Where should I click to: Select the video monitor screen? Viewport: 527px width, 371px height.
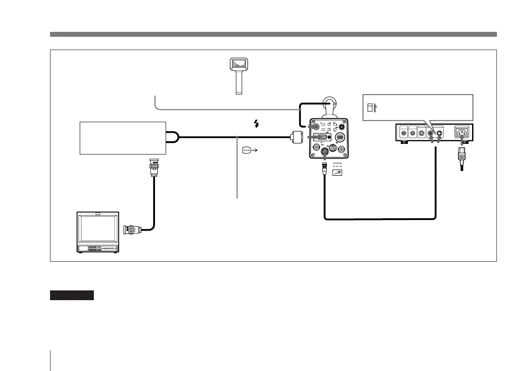tap(97, 228)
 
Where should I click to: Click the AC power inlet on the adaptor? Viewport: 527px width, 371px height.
tap(462, 132)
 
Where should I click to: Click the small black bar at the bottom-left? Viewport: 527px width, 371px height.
tap(72, 295)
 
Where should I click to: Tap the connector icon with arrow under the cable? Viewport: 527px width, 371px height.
tap(249, 151)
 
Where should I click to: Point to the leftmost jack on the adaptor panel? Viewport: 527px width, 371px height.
tap(403, 132)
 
